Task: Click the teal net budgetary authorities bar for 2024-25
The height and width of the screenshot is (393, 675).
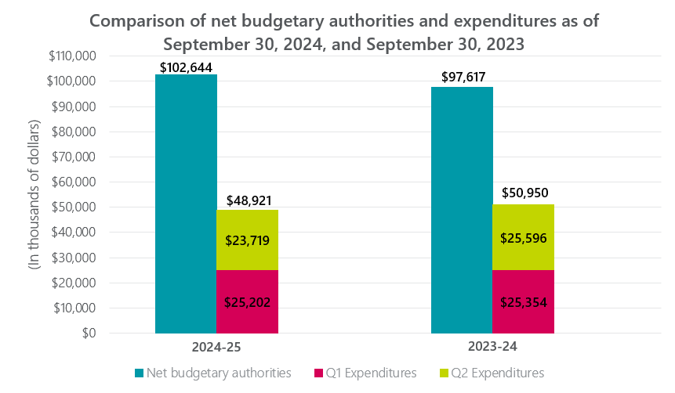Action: click(186, 204)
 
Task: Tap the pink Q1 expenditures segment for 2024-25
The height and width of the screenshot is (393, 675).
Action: click(247, 301)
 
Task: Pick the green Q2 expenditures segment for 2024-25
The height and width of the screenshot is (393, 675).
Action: click(247, 240)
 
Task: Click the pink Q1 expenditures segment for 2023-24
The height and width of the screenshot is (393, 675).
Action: click(523, 301)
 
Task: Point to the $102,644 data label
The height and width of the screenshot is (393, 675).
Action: click(186, 67)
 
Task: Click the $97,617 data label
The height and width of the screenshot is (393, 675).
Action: click(462, 80)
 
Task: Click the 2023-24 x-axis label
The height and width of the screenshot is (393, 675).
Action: click(492, 345)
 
